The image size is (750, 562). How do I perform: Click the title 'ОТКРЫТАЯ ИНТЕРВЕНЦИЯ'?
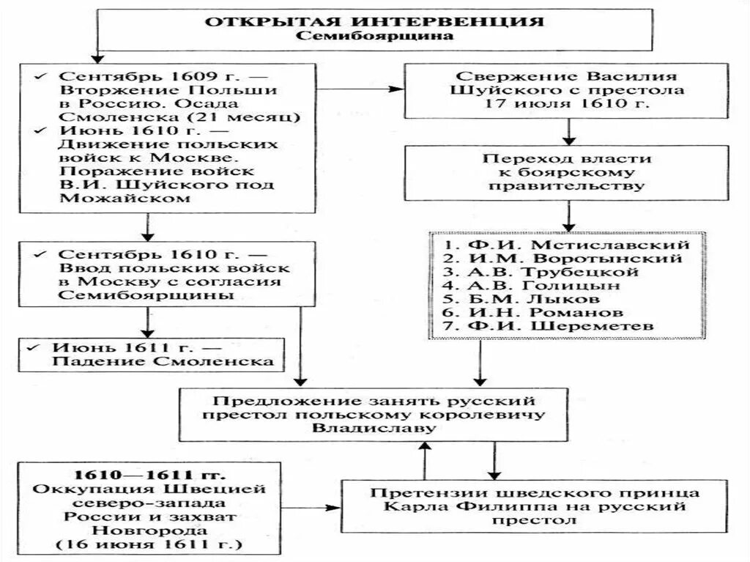click(374, 20)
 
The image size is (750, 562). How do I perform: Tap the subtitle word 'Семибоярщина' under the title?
click(374, 35)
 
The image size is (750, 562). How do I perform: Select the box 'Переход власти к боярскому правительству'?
click(568, 171)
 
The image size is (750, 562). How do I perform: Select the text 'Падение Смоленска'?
click(163, 362)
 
